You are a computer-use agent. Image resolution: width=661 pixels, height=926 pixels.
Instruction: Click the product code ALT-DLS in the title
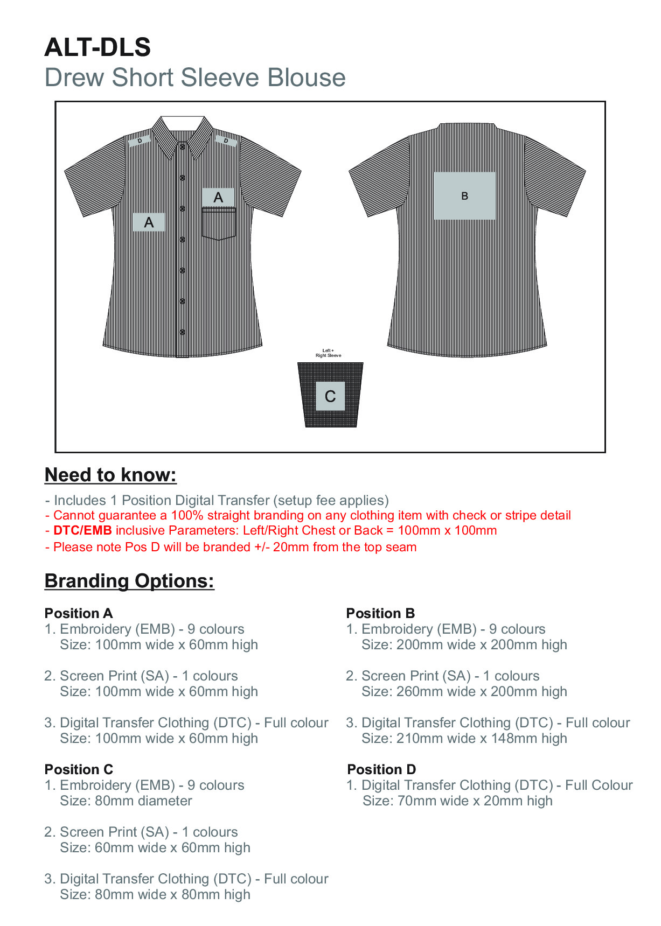point(98,47)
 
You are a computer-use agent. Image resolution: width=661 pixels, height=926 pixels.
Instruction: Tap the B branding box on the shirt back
point(464,196)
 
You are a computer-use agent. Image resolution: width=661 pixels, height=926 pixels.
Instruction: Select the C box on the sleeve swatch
point(330,396)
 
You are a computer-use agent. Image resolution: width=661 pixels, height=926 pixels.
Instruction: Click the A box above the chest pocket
point(218,197)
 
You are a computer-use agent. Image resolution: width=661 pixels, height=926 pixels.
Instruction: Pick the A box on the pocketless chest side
point(149,222)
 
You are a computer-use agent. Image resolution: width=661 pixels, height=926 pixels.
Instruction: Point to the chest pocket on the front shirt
point(219,225)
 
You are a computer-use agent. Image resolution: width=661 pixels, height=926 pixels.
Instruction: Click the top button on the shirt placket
point(183,146)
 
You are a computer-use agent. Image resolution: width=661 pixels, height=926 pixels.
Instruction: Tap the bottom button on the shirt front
point(183,332)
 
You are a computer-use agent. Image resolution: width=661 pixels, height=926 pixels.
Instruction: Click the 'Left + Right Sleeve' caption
point(328,353)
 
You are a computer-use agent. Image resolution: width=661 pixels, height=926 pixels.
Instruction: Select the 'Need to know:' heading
point(110,475)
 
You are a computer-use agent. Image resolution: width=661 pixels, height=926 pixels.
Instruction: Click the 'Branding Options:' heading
point(129,581)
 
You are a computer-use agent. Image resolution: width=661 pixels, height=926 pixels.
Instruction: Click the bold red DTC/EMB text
point(82,530)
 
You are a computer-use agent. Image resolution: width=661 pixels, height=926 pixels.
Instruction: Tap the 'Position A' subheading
point(79,613)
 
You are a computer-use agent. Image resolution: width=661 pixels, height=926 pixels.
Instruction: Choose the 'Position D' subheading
point(381,769)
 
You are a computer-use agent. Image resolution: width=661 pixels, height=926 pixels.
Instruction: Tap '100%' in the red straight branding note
point(186,515)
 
